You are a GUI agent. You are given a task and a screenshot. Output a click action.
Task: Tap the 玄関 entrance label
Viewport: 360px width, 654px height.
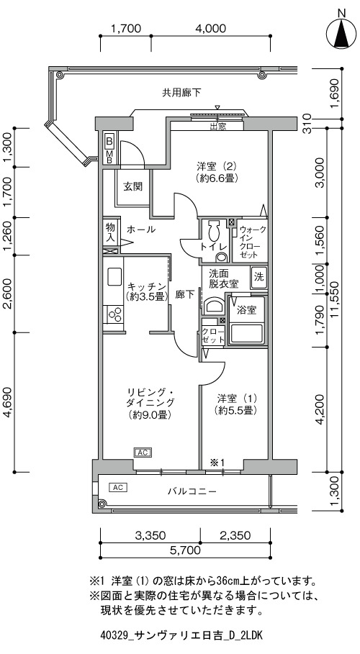132,186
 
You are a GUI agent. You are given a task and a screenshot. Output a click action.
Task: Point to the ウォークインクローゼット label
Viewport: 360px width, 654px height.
252,242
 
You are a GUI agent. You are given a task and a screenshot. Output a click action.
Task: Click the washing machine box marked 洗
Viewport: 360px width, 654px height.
259,276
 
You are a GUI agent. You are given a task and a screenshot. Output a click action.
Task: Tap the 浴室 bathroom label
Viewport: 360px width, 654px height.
246,310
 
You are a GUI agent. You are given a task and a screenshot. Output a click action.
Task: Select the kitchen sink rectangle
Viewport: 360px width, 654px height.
114,276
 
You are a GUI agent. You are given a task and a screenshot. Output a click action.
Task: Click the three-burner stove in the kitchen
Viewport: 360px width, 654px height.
114,314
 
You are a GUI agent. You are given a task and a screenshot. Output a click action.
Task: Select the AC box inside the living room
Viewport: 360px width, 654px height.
143,452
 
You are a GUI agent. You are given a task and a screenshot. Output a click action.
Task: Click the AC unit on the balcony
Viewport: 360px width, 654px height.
117,487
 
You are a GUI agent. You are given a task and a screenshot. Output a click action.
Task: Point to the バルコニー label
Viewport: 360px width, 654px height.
192,491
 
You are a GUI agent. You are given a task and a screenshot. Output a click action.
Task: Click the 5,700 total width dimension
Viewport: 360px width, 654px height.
185,550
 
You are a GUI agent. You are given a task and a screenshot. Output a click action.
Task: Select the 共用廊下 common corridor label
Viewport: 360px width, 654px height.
181,93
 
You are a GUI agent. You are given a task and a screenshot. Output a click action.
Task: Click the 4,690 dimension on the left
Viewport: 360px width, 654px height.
9,402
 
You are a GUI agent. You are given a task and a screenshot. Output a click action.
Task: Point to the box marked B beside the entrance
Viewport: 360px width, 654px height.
109,140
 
